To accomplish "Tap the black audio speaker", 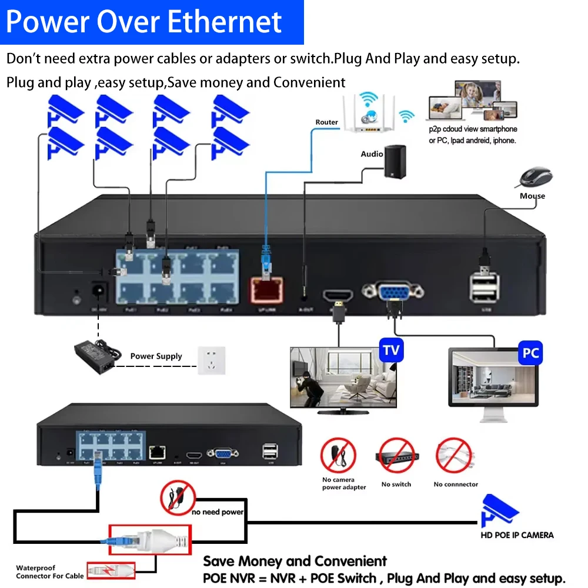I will coord(395,161).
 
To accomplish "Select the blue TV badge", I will coord(391,351).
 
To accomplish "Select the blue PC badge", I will coord(530,354).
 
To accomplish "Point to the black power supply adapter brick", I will coord(93,356).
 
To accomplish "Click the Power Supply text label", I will coord(156,356).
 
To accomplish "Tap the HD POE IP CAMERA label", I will coord(517,534).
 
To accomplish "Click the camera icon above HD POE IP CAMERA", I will coord(499,510).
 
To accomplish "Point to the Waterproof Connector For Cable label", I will coord(50,572).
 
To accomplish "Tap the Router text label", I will coord(326,122).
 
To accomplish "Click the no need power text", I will coord(218,512).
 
